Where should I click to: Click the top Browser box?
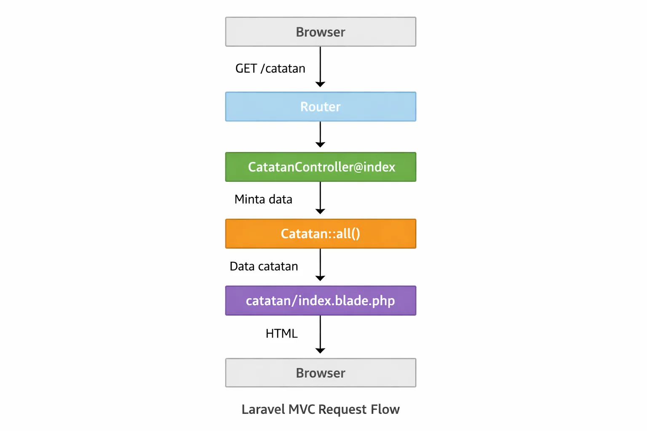[321, 32]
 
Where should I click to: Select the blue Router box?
[321, 107]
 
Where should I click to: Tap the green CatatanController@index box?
[321, 167]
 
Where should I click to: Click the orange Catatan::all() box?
[321, 234]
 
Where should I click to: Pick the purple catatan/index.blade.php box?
[321, 301]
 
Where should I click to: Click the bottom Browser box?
[321, 373]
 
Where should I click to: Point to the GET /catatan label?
[270, 68]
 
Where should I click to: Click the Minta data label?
[263, 199]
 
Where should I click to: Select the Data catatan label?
[264, 266]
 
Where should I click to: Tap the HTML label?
[281, 333]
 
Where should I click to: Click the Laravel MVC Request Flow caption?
[321, 409]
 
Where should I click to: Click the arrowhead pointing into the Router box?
[320, 84]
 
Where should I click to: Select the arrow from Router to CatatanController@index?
[320, 134]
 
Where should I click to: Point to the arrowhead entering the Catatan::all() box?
[320, 211]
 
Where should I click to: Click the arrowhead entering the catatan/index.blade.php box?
[320, 278]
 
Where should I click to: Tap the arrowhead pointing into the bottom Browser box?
[320, 351]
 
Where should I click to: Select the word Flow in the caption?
[385, 409]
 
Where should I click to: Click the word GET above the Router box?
[246, 68]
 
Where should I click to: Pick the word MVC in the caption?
[302, 409]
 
